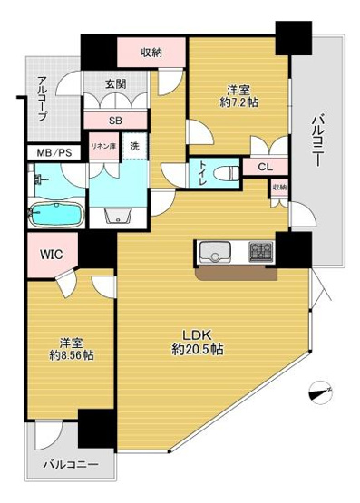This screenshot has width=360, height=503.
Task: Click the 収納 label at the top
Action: click(151, 52)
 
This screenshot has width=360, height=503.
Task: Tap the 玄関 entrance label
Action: click(115, 85)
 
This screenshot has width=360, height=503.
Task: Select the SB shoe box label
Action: click(115, 120)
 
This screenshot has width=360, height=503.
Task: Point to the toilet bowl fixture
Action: click(227, 170)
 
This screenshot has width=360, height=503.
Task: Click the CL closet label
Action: click(264, 166)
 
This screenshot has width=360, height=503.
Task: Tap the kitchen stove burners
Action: click(261, 252)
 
